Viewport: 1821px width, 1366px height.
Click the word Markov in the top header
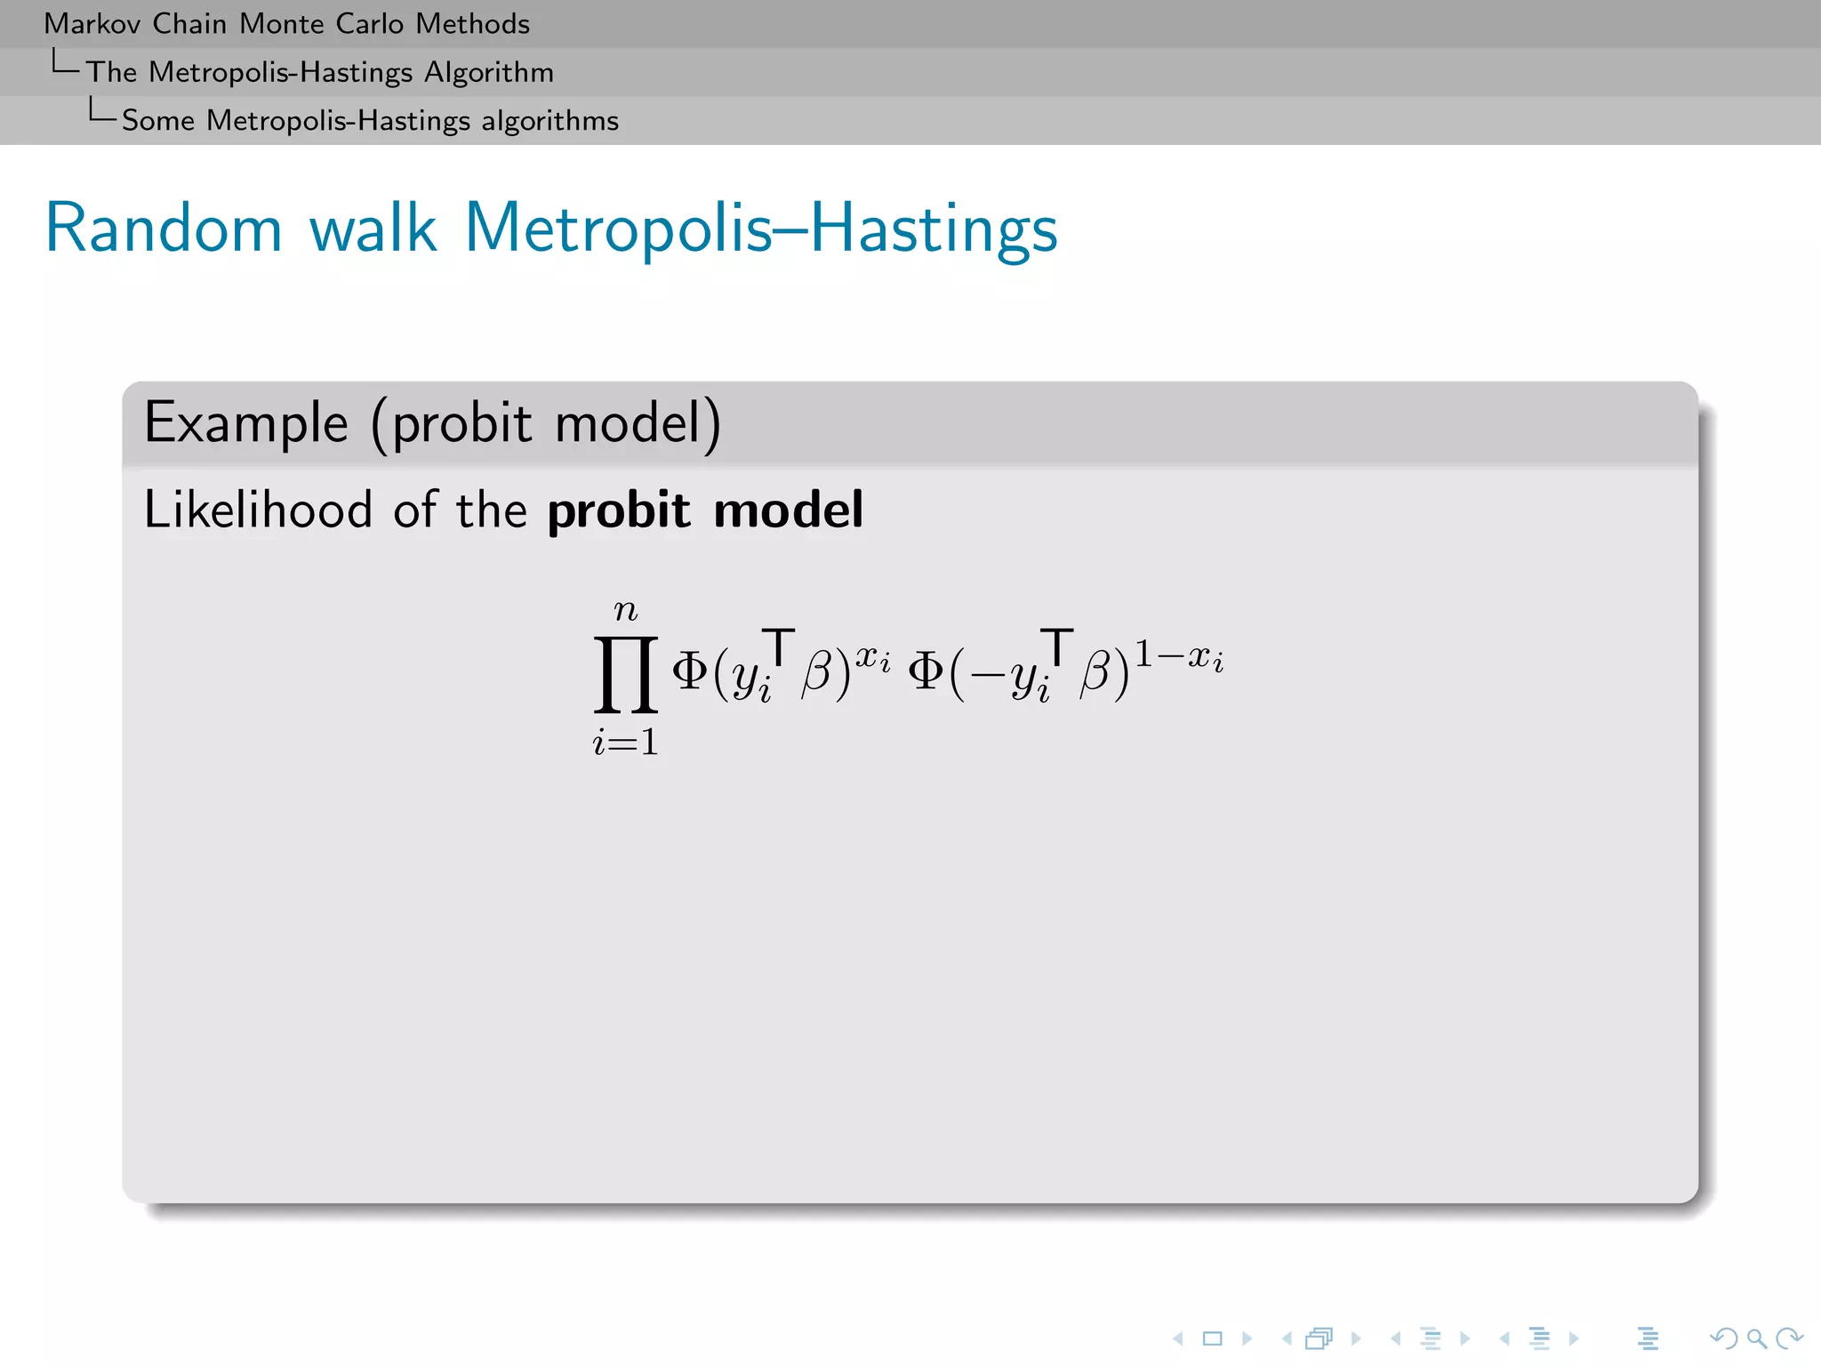click(x=92, y=24)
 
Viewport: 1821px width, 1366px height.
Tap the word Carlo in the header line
click(x=369, y=24)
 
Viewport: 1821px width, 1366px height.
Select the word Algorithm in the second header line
click(x=488, y=72)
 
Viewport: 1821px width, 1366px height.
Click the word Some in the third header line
click(x=157, y=120)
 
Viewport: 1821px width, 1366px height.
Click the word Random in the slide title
click(x=164, y=229)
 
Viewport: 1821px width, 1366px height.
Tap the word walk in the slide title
click(x=373, y=229)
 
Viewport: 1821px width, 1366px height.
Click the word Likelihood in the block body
click(x=258, y=510)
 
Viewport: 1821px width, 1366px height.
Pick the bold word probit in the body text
click(x=618, y=510)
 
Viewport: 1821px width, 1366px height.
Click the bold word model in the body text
click(x=788, y=510)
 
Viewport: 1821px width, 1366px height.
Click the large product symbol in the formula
click(x=626, y=674)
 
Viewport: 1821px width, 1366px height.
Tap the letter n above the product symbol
click(x=626, y=611)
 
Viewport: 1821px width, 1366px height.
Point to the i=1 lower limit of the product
click(x=626, y=742)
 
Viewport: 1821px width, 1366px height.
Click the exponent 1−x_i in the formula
click(x=1179, y=657)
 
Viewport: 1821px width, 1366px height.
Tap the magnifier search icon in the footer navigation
click(x=1756, y=1338)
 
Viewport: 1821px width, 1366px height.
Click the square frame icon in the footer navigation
click(x=1212, y=1338)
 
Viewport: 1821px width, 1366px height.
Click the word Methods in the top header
click(x=472, y=24)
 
